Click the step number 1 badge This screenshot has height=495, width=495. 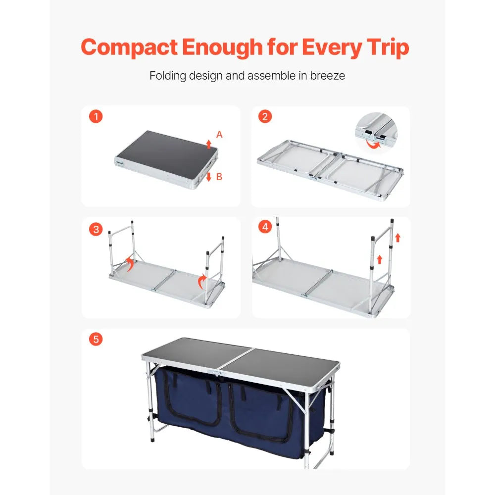[97, 117]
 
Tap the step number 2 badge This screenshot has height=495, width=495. [265, 117]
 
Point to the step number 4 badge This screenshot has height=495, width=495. [265, 227]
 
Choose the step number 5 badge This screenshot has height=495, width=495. [97, 340]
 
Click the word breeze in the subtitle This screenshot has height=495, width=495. [328, 76]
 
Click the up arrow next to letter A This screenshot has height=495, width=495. [209, 144]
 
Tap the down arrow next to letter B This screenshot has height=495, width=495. [209, 177]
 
